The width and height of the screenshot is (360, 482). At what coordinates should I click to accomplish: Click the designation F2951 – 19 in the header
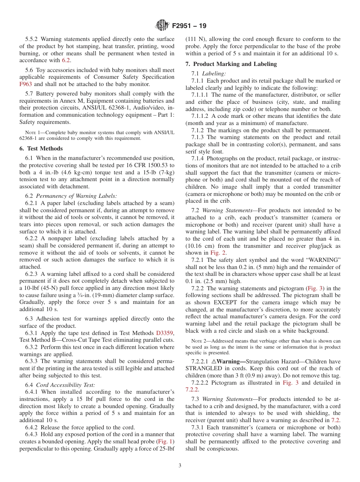tap(189, 26)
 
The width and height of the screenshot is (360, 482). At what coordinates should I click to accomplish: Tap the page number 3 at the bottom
tap(180, 465)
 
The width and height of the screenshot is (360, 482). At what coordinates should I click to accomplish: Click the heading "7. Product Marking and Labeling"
tap(231, 64)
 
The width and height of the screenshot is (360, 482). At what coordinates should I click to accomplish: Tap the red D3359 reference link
tap(165, 333)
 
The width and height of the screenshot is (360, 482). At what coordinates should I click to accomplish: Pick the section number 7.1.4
tap(198, 158)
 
